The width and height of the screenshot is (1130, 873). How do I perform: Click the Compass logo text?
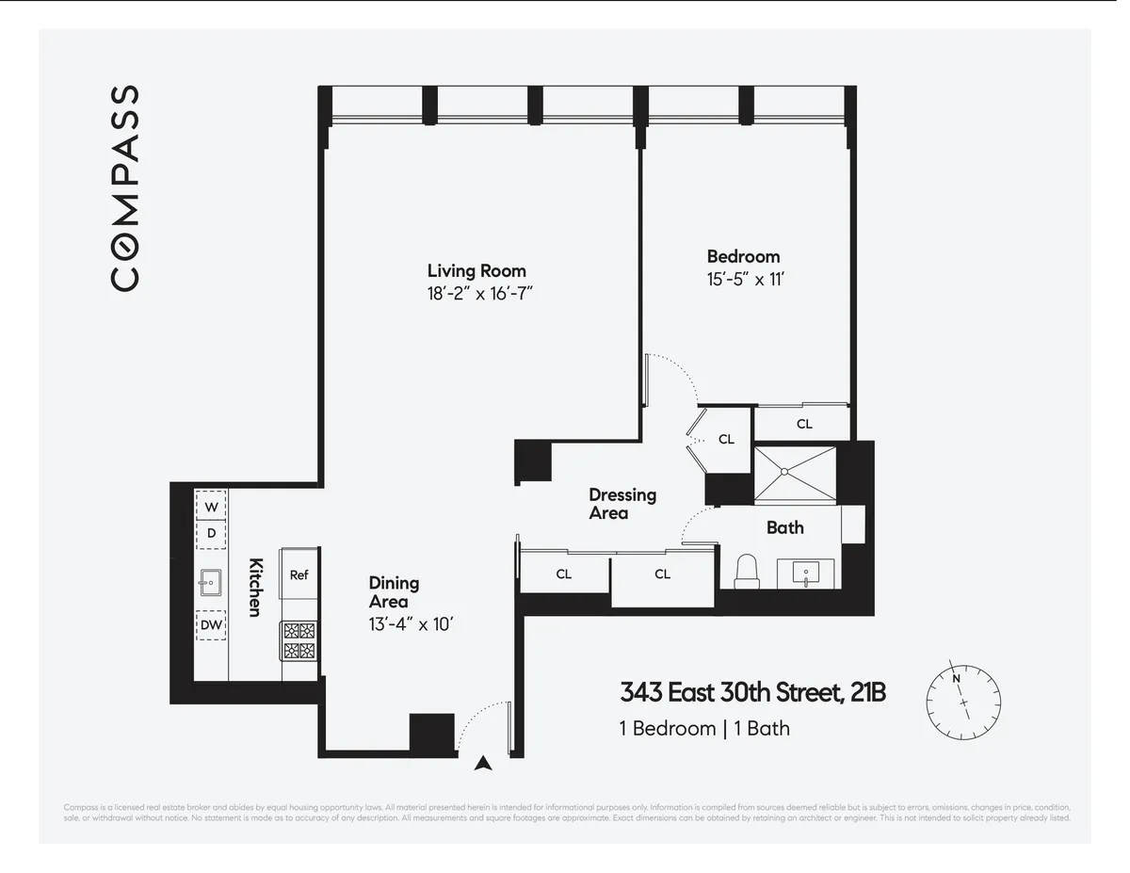125,187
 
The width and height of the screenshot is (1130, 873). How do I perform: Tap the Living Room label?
476,271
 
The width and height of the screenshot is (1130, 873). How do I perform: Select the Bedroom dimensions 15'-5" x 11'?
743,280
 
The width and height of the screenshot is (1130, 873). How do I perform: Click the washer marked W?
212,507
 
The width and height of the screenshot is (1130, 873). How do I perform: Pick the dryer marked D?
212,533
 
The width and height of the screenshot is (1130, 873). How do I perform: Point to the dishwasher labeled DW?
211,624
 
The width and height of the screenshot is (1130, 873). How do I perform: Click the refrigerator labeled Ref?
299,575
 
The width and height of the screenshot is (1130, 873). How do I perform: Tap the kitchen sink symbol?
210,583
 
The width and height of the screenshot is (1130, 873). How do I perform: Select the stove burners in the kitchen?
299,640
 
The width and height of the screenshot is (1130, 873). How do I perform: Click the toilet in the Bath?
746,571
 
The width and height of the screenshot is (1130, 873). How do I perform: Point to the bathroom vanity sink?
806,572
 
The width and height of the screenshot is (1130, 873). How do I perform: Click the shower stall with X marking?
795,476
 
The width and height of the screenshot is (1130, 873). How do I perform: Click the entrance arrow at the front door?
484,764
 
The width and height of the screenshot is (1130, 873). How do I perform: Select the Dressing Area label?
622,504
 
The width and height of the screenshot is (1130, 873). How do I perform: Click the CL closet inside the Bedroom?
804,424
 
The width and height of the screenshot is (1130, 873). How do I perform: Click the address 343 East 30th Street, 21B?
752,693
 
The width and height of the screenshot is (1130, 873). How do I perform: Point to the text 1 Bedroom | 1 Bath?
704,728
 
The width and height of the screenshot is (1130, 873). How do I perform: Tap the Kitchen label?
254,587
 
